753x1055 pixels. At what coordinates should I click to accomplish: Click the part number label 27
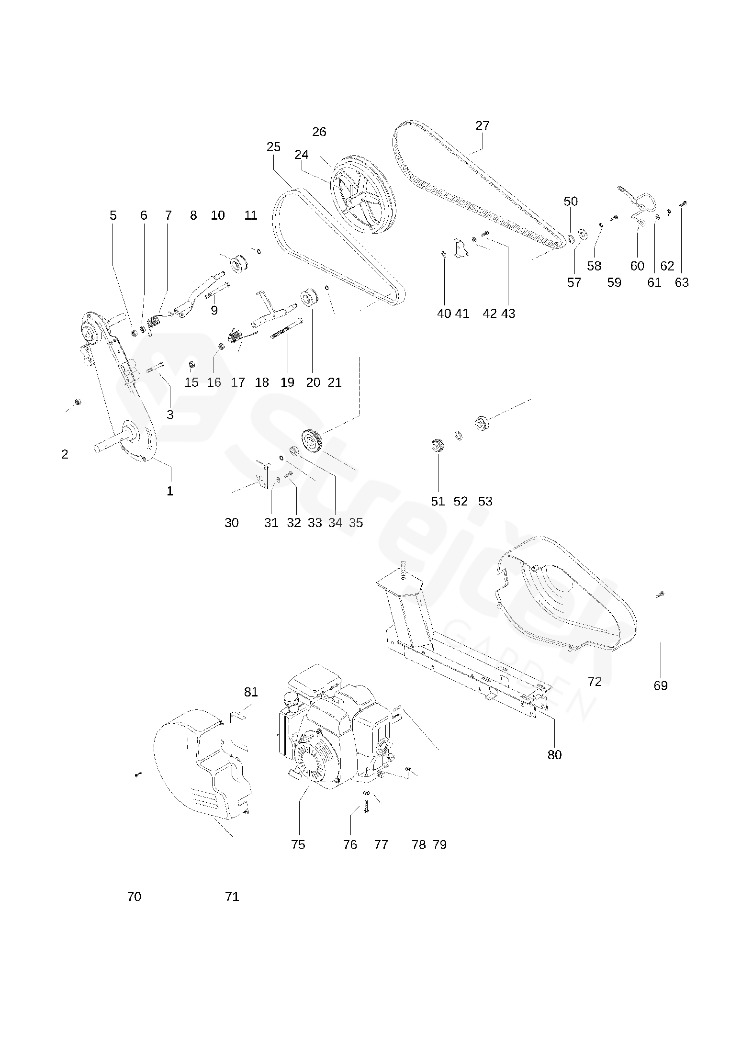[483, 125]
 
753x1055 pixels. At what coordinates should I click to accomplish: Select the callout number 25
[273, 147]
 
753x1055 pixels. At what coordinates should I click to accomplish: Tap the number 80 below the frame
[554, 754]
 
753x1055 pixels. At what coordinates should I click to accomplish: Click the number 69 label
[660, 685]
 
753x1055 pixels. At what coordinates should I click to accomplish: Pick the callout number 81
[251, 692]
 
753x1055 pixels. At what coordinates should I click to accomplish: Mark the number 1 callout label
[169, 491]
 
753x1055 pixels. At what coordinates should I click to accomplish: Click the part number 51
[438, 501]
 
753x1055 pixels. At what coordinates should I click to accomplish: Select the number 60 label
[637, 266]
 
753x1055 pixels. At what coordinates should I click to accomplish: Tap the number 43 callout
[508, 313]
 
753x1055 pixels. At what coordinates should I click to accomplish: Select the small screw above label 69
[660, 595]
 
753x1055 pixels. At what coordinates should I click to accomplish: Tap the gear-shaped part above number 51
[437, 445]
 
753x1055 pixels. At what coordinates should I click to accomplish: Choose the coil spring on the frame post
[403, 570]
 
